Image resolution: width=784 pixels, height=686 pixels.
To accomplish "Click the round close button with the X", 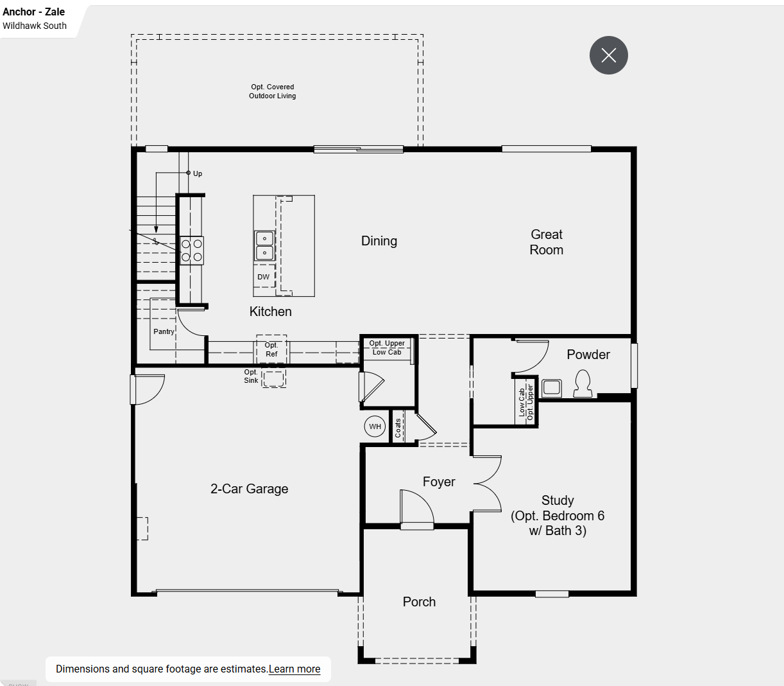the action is (608, 55).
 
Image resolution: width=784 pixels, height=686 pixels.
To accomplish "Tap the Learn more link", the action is (294, 669).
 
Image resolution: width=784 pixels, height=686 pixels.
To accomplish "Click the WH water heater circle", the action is (375, 427).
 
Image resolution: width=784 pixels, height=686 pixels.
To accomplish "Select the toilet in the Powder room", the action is (583, 383).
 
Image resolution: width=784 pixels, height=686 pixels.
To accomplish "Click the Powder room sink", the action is (552, 387).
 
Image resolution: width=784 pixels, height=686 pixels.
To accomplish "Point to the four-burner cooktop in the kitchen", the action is (192, 250).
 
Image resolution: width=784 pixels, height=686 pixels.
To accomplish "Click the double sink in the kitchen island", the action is (264, 245).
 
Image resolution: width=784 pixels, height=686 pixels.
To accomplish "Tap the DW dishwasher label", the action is (263, 277).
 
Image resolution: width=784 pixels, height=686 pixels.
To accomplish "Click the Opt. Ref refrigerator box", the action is (271, 349).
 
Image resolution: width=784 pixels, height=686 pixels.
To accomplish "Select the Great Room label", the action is (547, 242).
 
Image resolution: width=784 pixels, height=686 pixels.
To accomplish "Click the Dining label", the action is (379, 241).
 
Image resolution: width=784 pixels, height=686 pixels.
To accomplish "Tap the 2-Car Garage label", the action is (249, 488).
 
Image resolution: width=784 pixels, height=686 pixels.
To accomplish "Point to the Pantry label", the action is (164, 331).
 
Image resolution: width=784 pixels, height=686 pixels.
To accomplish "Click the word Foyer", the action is (439, 482).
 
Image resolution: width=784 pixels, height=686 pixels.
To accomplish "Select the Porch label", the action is (419, 602).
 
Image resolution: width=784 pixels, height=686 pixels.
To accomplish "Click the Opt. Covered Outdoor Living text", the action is (273, 91).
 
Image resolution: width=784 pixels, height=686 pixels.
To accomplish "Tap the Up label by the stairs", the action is (198, 173).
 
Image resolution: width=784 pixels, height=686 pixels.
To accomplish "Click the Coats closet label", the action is (398, 428).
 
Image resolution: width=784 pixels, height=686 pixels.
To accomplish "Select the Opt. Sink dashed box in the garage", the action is (273, 378).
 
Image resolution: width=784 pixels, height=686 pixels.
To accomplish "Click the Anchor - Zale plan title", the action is (34, 12).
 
